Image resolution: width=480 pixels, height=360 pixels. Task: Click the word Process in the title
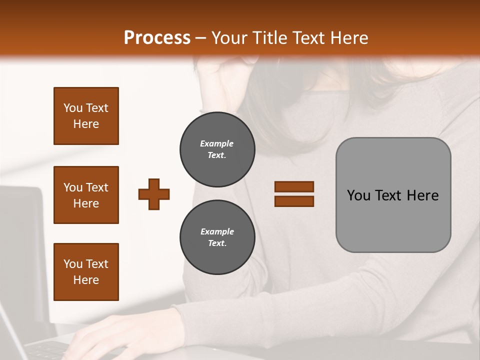pyautogui.click(x=157, y=38)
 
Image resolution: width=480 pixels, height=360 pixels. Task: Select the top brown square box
pyautogui.click(x=86, y=116)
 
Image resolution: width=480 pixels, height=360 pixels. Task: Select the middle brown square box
pyautogui.click(x=86, y=195)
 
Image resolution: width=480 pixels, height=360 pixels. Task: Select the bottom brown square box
pyautogui.click(x=86, y=272)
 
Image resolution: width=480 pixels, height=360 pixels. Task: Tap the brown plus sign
pyautogui.click(x=154, y=194)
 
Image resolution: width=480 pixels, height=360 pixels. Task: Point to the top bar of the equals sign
pyautogui.click(x=294, y=186)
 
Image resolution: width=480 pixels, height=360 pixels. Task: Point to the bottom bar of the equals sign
pyautogui.click(x=294, y=201)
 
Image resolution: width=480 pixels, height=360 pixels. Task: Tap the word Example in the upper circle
pyautogui.click(x=217, y=143)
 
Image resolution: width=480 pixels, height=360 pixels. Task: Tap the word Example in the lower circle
pyautogui.click(x=217, y=231)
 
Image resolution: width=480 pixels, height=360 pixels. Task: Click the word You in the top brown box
pyautogui.click(x=73, y=108)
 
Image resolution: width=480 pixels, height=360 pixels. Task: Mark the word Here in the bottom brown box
pyautogui.click(x=86, y=280)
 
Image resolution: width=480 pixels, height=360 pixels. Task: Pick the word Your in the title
pyautogui.click(x=229, y=38)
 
